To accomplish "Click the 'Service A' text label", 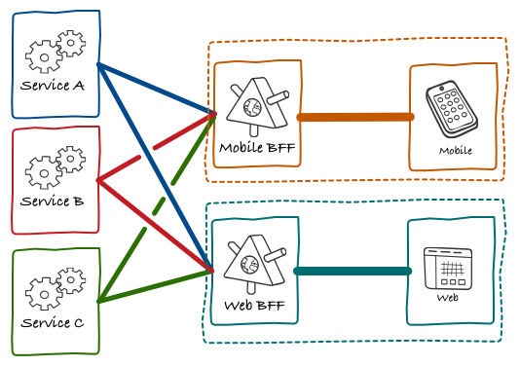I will point(53,86).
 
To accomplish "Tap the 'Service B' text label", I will point(53,201).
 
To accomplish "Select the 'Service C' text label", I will point(53,322).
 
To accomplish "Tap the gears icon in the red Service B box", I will point(56,167).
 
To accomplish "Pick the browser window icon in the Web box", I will point(448,267).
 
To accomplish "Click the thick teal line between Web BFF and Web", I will point(353,271).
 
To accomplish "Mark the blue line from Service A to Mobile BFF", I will point(156,90).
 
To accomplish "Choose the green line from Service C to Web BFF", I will point(156,286).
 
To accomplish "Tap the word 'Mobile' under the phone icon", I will point(455,151).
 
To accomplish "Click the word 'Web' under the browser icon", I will point(447,297).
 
